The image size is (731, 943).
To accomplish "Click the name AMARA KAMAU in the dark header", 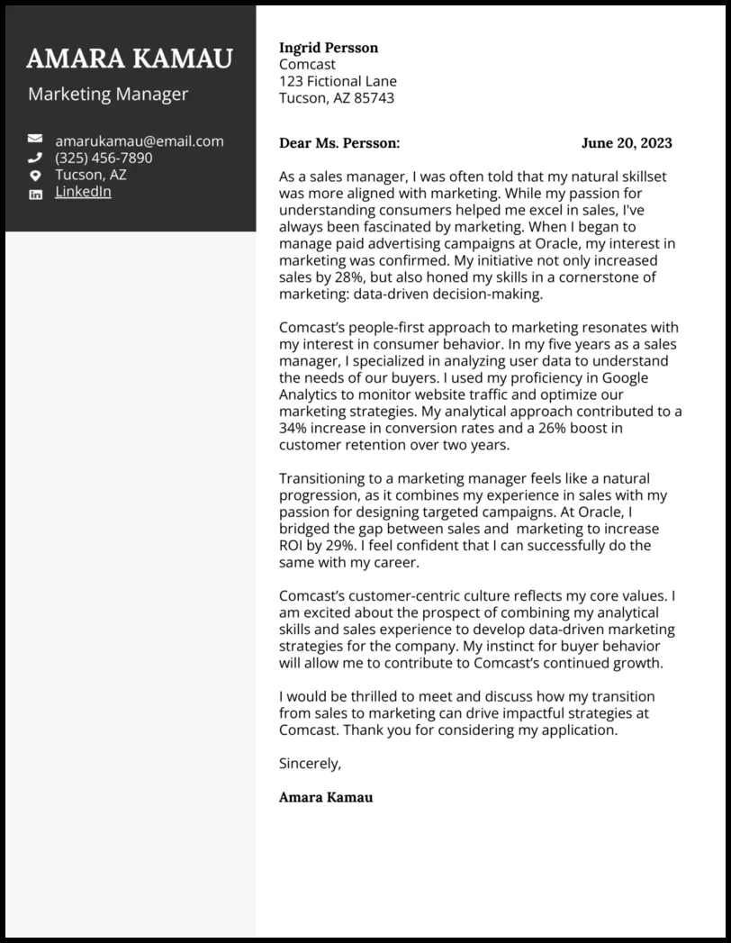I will coord(130,59).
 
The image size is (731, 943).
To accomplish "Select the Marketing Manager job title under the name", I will coord(108,95).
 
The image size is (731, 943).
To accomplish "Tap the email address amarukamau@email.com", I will coord(139,141).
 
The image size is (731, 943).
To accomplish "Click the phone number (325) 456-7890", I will coord(104,159).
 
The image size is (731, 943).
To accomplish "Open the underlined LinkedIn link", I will coord(83,192).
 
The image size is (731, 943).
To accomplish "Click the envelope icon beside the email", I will coord(35,140).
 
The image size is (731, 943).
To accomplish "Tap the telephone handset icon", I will coord(35,158).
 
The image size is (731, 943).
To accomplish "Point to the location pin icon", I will coord(35,176).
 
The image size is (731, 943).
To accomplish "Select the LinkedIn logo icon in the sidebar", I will coord(35,194).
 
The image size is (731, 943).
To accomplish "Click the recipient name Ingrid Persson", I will coord(329,48).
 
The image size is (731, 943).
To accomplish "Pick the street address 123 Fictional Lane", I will coord(338,82).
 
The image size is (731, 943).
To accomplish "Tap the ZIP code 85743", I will coord(375,98).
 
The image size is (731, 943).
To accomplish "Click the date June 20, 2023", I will coord(627,143).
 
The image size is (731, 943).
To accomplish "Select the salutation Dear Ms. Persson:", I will coord(339,143).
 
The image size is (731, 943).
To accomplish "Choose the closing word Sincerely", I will coord(310,764).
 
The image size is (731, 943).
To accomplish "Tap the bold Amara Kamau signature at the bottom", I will coord(325,797).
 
